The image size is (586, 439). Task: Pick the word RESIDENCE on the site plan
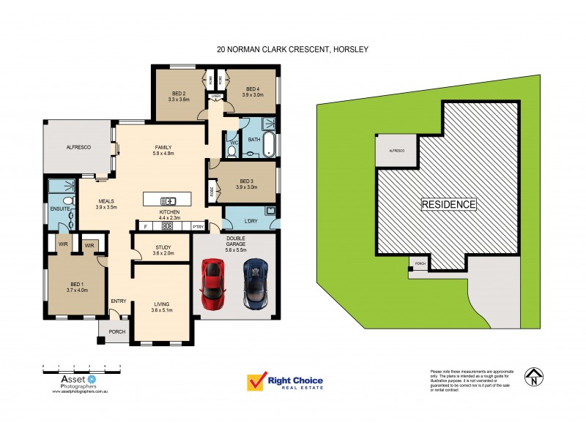click(x=448, y=204)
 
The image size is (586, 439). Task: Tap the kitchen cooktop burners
click(x=167, y=226)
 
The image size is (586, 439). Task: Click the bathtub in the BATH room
click(x=270, y=143)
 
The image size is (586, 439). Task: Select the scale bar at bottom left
click(x=81, y=366)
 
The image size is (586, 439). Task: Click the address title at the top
click(x=293, y=50)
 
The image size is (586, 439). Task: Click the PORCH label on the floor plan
click(x=117, y=332)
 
